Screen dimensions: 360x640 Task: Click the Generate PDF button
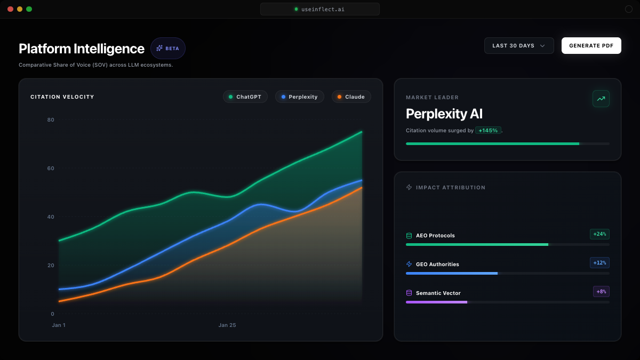tap(591, 46)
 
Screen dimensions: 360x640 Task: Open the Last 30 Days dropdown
tap(518, 46)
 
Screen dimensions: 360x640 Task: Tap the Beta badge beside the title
tap(168, 48)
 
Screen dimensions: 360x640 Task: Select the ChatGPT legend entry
tap(245, 97)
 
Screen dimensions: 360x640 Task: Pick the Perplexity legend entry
tap(299, 97)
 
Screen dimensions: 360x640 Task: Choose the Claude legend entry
tap(351, 97)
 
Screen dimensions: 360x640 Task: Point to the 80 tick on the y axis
tap(51, 119)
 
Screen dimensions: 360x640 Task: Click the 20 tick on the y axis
tap(51, 265)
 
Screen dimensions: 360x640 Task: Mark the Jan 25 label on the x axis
tap(227, 325)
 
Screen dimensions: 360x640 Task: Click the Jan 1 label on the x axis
tap(59, 325)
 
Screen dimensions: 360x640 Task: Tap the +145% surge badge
tap(488, 130)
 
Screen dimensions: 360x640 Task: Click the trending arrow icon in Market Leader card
tap(601, 99)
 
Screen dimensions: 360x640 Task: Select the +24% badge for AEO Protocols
tap(599, 234)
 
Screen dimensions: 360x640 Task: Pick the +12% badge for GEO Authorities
tap(599, 263)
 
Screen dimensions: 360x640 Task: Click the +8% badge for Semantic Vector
tap(601, 292)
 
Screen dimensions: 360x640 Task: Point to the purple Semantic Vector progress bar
tap(436, 302)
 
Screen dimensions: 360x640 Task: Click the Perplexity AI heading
tap(444, 114)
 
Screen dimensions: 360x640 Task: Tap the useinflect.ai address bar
tap(320, 9)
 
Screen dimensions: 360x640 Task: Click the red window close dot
tap(10, 9)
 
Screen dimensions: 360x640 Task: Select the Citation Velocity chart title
tap(62, 97)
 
